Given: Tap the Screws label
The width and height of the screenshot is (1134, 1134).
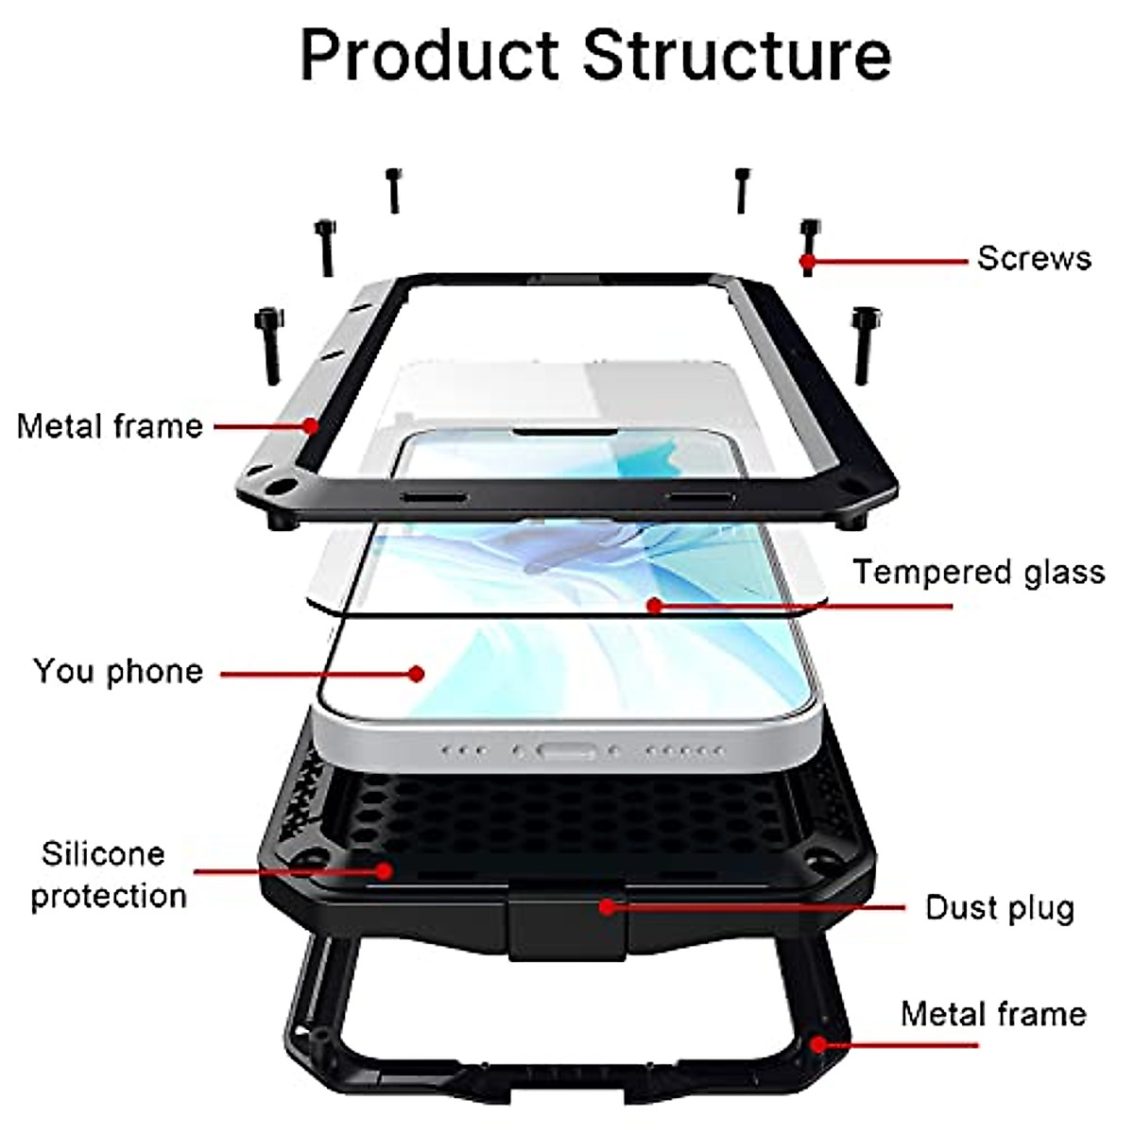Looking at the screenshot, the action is coord(1034,258).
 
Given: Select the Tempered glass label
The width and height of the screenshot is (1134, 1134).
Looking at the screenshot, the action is coord(979,573).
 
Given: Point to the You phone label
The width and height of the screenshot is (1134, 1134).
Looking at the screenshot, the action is coord(118,671).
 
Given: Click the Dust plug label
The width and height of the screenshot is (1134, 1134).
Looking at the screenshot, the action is coord(1000,908).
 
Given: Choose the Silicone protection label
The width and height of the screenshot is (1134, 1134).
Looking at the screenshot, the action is coord(108,874).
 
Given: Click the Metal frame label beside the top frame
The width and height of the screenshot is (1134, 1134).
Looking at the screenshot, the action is coord(110,426).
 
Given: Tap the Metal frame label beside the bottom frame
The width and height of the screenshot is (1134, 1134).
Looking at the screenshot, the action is coord(993,1014).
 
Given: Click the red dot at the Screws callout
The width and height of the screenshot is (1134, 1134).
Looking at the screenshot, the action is coord(807,260).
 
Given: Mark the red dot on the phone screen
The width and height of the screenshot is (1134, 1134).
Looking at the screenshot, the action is coord(417,674).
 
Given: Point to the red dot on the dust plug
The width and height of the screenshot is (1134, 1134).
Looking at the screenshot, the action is coord(607,907).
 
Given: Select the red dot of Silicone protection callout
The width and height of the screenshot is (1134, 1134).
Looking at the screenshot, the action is coord(384,869).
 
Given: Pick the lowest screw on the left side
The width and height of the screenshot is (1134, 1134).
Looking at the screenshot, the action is coord(267,346).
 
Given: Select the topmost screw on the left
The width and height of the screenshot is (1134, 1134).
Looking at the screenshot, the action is coord(393,190).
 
